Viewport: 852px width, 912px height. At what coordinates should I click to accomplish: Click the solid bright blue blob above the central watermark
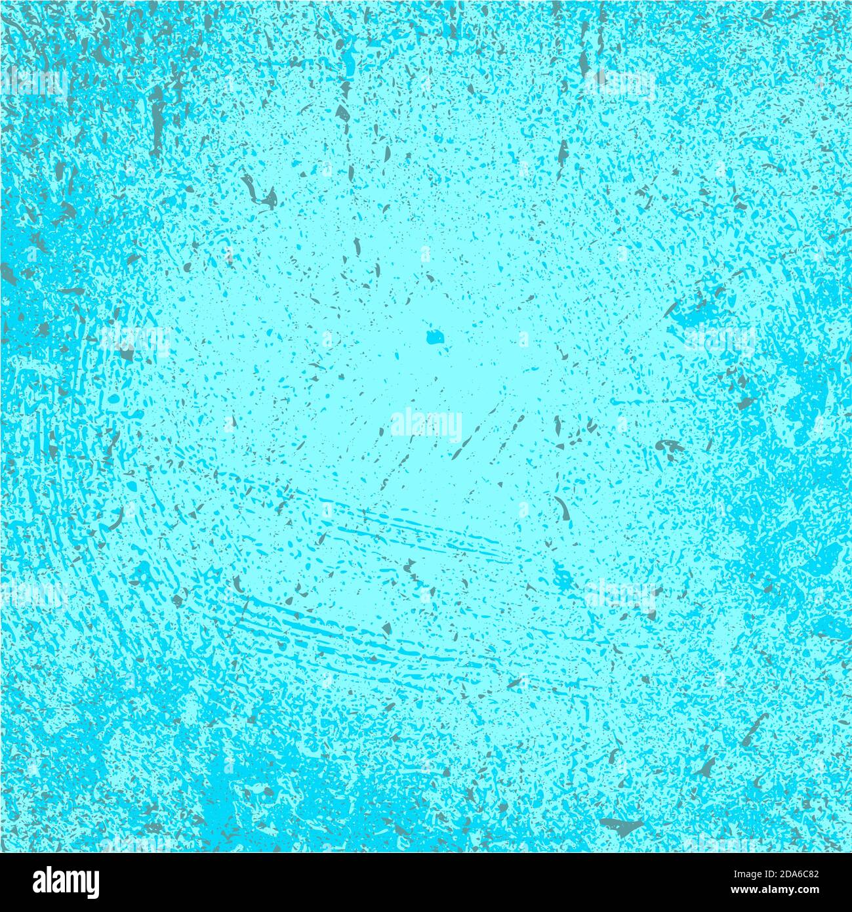435,337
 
